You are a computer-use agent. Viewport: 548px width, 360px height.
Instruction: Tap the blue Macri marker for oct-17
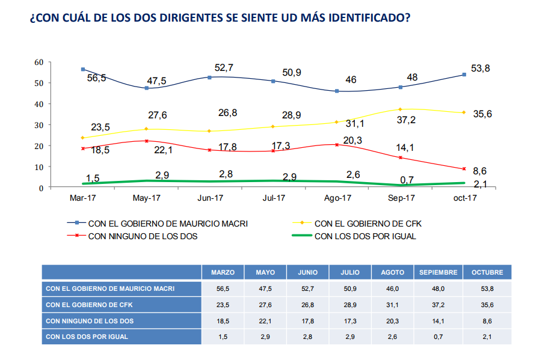click(464, 75)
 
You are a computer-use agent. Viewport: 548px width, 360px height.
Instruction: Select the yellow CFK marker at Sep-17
click(400, 109)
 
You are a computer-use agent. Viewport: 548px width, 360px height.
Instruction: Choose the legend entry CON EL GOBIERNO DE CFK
click(366, 224)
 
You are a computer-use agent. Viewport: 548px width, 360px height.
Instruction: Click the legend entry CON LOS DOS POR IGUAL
click(365, 236)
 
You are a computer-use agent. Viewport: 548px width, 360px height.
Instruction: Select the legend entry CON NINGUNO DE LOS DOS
click(143, 236)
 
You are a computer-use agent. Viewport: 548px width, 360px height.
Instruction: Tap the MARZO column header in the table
click(223, 272)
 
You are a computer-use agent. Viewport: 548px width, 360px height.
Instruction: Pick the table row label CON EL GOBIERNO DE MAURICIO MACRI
click(110, 288)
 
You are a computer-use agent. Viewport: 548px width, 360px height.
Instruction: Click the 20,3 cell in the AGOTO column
click(392, 321)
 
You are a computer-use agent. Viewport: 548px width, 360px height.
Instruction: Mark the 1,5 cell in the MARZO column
click(223, 337)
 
